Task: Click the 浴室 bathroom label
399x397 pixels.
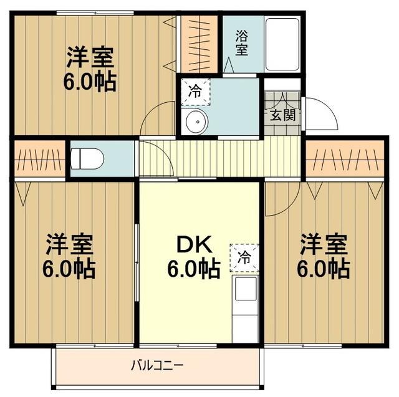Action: pos(241,43)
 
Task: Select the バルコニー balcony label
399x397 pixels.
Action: pos(156,365)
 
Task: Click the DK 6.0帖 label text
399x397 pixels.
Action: pos(193,257)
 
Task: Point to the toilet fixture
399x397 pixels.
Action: pos(88,159)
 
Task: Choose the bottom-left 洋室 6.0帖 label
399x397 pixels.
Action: pos(69,256)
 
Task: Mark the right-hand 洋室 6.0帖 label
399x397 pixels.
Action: pos(322,256)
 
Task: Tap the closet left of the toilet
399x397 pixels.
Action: pos(39,160)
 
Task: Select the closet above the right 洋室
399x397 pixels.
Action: pos(345,160)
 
